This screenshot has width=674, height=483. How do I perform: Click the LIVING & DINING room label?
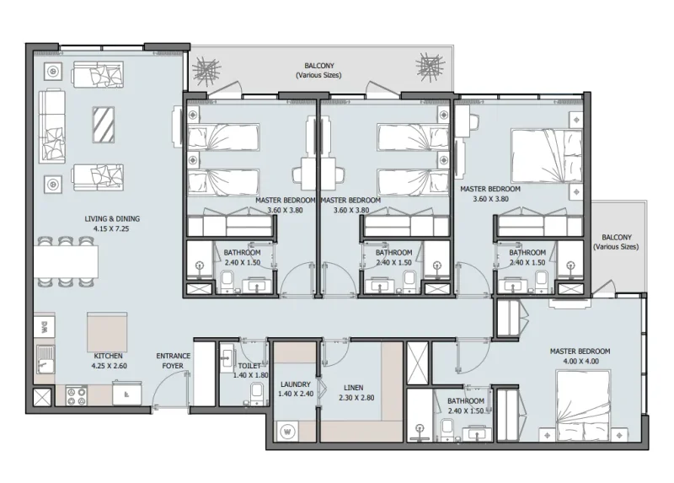pos(112,219)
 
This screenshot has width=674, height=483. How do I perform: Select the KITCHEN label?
pos(109,356)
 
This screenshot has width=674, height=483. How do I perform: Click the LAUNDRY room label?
pos(295,384)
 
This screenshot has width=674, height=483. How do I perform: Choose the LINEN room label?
pos(350,387)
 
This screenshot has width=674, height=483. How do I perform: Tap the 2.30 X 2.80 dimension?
pos(350,397)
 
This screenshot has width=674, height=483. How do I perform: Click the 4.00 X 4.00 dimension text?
pos(580,361)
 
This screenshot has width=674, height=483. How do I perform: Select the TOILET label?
pos(249,366)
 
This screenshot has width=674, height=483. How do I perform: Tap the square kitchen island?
pos(107,331)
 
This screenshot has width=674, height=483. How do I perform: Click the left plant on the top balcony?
pos(206,67)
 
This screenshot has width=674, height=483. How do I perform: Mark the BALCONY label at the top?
pos(321,70)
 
